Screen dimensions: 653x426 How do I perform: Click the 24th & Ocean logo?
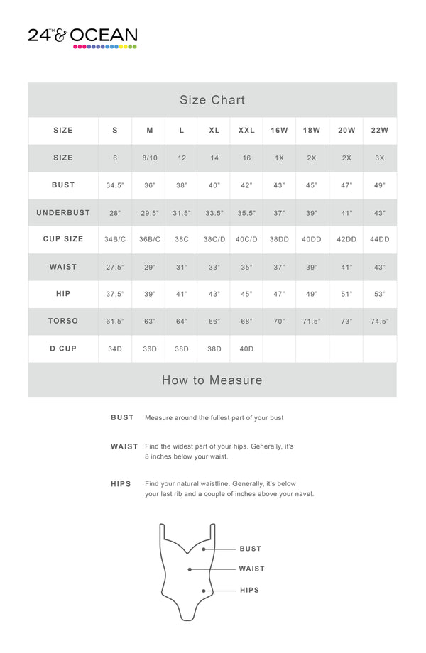click(x=82, y=37)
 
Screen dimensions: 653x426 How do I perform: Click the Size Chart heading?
click(x=212, y=100)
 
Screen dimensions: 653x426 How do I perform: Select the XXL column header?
click(x=246, y=131)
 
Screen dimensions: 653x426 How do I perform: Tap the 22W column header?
click(x=380, y=131)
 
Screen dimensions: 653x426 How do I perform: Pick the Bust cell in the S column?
click(x=115, y=185)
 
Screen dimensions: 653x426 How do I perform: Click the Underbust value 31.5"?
click(x=182, y=213)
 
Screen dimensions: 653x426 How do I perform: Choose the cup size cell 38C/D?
click(x=214, y=240)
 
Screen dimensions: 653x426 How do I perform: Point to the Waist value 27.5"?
click(x=115, y=268)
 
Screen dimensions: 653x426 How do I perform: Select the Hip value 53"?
click(x=380, y=295)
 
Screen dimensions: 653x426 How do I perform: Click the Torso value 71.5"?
click(x=312, y=322)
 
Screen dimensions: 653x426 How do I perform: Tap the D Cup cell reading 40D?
click(x=246, y=349)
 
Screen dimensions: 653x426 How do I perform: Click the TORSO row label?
click(x=63, y=321)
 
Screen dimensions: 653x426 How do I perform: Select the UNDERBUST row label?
click(x=63, y=212)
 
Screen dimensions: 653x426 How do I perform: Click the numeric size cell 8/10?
click(x=150, y=158)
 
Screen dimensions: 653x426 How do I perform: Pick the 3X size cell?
click(x=380, y=158)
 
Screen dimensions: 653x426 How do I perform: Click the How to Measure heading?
click(x=212, y=380)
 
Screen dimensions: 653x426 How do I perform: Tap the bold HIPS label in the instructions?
click(x=121, y=484)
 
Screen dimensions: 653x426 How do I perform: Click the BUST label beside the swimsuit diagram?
click(x=250, y=549)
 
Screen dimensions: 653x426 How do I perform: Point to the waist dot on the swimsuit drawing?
click(x=190, y=569)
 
